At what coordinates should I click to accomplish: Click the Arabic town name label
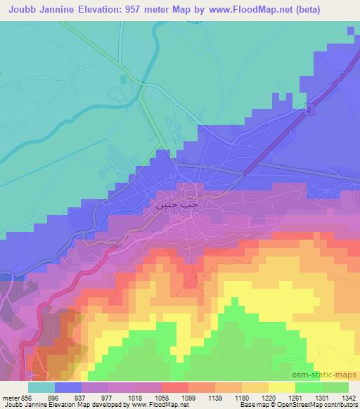click(x=171, y=205)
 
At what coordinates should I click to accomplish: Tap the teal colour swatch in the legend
click(x=41, y=387)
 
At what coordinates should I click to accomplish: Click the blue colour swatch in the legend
click(x=68, y=387)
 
